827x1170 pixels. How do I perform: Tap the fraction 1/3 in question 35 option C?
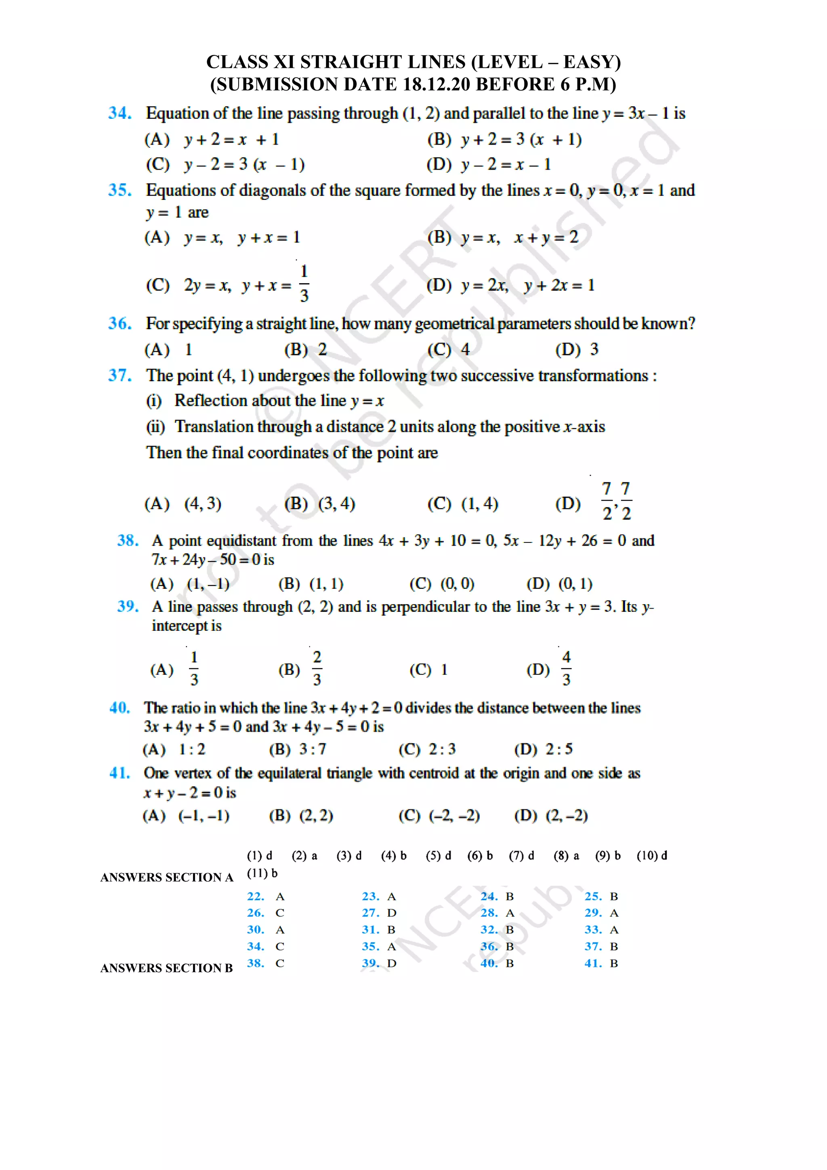tap(304, 284)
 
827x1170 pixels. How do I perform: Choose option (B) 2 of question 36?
tap(306, 350)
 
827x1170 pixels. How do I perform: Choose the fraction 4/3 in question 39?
tap(566, 668)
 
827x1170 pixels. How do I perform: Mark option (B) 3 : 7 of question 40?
tap(298, 749)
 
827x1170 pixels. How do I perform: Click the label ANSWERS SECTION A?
tap(167, 878)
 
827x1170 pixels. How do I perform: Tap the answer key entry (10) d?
tap(652, 855)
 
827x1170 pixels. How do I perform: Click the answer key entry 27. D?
tap(379, 913)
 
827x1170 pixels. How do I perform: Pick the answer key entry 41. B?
tap(601, 964)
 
